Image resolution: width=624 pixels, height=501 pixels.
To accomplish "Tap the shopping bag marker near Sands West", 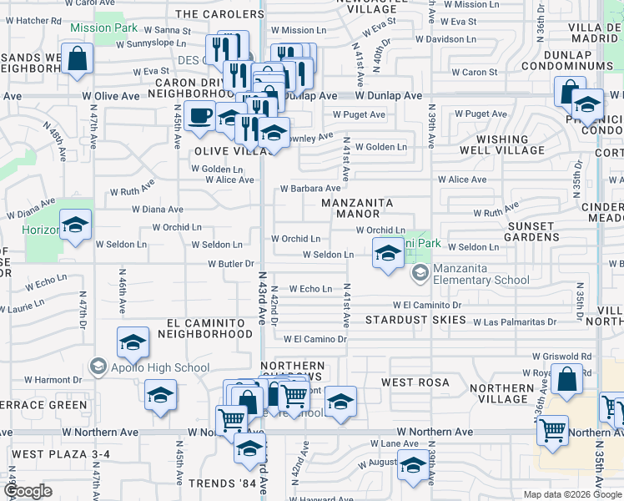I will (x=77, y=60).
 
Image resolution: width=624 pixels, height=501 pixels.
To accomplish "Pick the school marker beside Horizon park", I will (x=76, y=225).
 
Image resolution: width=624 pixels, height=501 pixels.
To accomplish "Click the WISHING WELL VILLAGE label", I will (x=501, y=144).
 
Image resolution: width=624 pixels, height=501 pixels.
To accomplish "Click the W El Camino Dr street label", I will (x=315, y=339).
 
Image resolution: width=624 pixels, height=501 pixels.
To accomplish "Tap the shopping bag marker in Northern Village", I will (x=566, y=379).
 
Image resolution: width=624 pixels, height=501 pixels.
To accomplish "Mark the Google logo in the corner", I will (x=28, y=492).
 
